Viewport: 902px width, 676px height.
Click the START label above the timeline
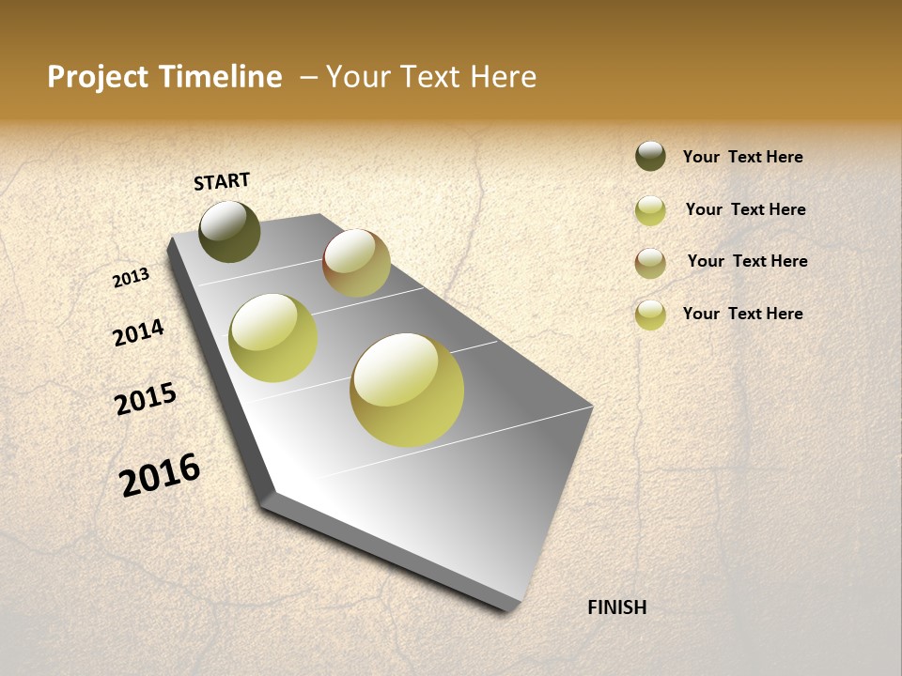222,181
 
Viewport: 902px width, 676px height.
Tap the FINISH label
616,607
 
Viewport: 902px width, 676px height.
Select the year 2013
131,278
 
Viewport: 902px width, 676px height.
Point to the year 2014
138,333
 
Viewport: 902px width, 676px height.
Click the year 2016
160,475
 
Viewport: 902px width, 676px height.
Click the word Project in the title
99,77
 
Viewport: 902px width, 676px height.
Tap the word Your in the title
357,77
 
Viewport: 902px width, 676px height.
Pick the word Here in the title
503,77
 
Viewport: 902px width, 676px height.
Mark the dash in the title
308,77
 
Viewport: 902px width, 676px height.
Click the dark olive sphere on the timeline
229,231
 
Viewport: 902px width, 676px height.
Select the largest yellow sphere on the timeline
407,389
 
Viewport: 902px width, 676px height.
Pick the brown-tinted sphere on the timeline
356,263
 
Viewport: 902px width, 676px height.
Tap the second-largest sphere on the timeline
272,338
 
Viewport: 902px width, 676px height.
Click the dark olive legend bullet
650,157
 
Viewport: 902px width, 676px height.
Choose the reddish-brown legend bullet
650,263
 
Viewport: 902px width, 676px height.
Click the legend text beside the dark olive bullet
742,157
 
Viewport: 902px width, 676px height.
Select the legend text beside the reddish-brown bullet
747,261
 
